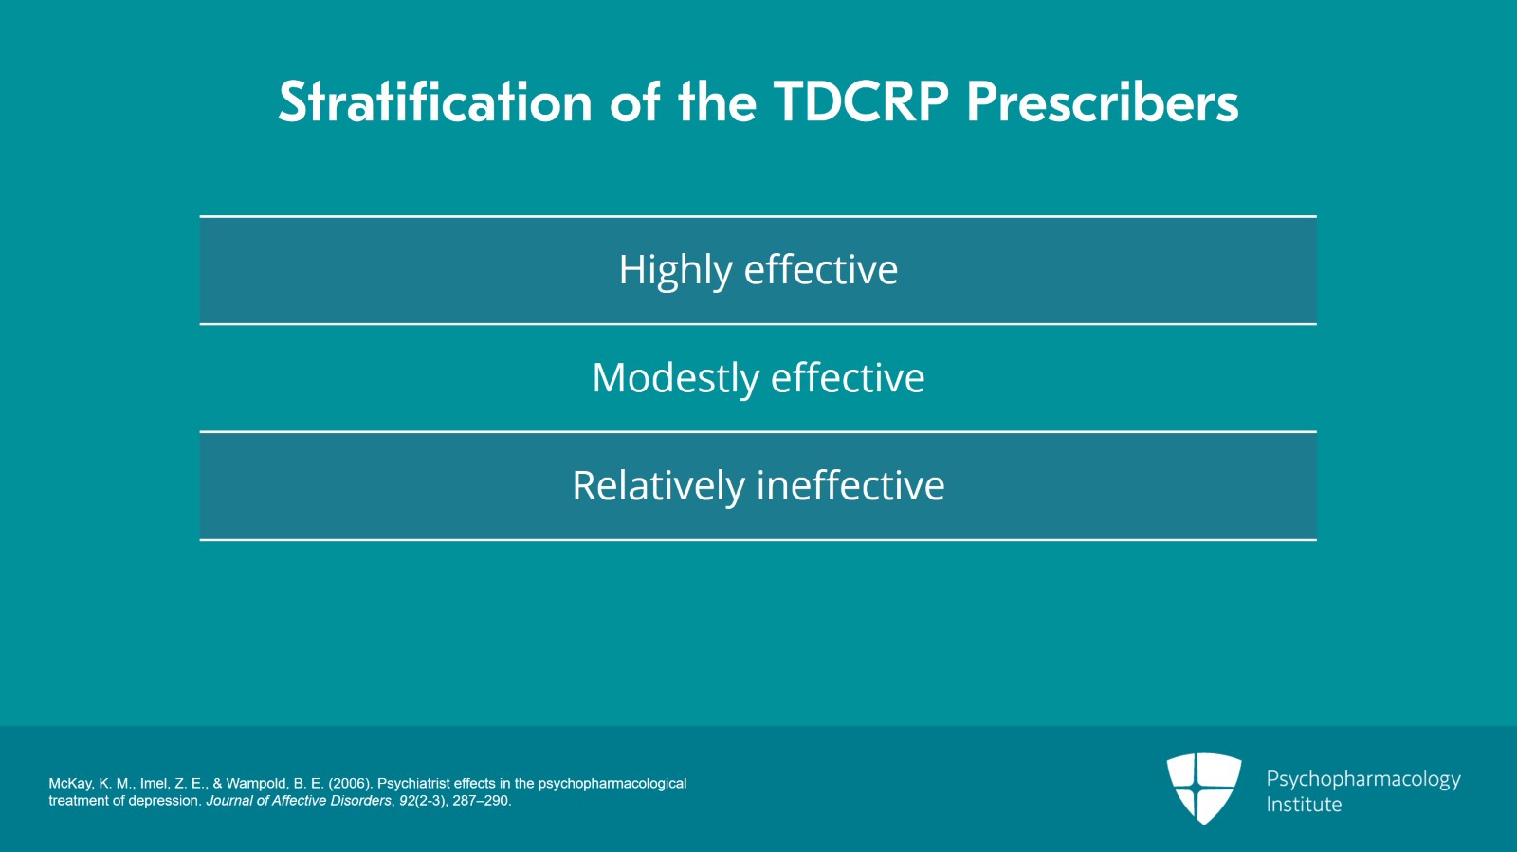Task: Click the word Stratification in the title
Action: tap(435, 102)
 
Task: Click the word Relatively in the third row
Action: tap(658, 486)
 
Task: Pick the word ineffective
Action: tap(850, 485)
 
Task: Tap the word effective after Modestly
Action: tap(848, 377)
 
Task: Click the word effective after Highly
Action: tap(821, 269)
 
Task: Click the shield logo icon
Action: tap(1204, 788)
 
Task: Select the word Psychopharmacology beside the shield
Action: tap(1363, 780)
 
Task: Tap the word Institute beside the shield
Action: tap(1304, 804)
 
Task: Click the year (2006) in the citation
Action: tap(351, 784)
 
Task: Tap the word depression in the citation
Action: tap(170, 801)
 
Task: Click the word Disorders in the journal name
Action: tap(361, 801)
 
